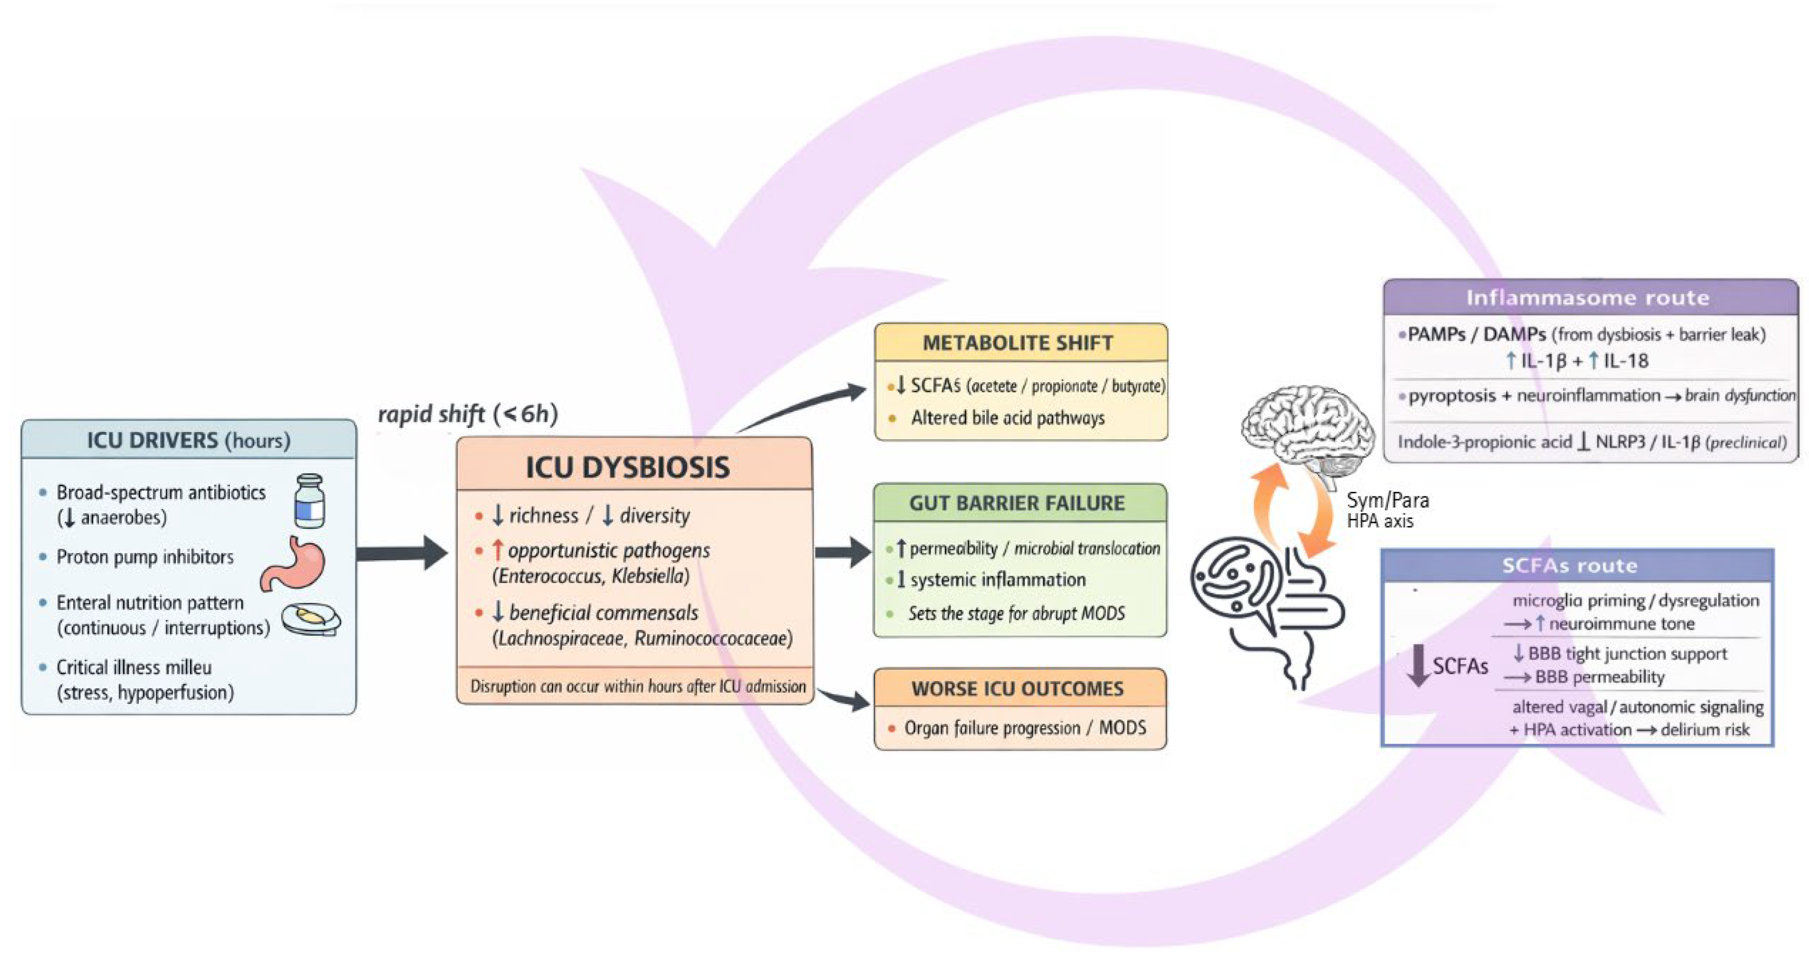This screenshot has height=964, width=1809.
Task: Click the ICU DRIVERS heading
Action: (x=188, y=440)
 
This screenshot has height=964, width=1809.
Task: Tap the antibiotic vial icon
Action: (x=309, y=500)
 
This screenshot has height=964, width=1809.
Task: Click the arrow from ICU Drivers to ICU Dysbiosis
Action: (x=402, y=553)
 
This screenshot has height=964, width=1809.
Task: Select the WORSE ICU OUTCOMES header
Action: (x=1018, y=688)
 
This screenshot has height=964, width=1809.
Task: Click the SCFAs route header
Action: (x=1569, y=565)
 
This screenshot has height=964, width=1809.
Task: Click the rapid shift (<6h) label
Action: (x=468, y=414)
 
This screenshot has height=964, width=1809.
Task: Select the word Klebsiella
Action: (x=650, y=576)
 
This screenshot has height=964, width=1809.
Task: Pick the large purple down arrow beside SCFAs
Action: (x=1418, y=665)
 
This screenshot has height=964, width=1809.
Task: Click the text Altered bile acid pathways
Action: (x=1008, y=418)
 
